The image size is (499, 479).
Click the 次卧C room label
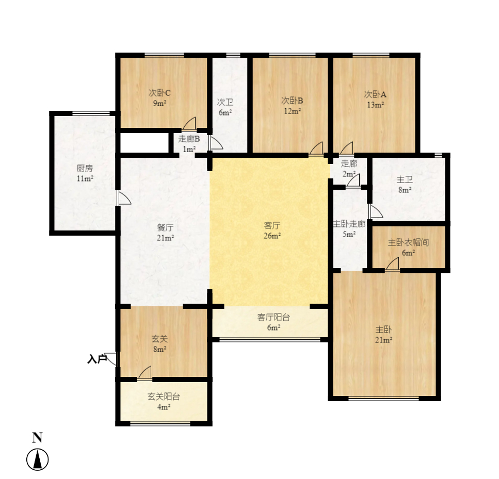pos(160,93)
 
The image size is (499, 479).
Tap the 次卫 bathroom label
pos(225,102)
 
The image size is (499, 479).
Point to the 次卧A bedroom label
pos(375,94)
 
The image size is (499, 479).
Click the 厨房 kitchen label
pos(85,169)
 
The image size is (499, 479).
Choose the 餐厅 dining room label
pos(165,227)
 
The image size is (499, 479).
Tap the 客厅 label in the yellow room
pos(272,225)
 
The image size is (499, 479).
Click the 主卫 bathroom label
pos(404,180)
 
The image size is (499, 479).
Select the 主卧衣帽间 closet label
pos(409,242)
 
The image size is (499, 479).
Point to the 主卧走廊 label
pos(349,225)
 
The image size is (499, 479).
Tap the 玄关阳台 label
pos(164,397)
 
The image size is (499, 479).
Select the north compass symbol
pos(38,459)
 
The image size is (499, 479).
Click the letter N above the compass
pos(37,438)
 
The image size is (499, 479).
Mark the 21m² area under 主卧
pos(383,339)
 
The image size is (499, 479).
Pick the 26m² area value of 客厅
pos(272,236)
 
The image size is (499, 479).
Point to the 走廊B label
pos(189,139)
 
